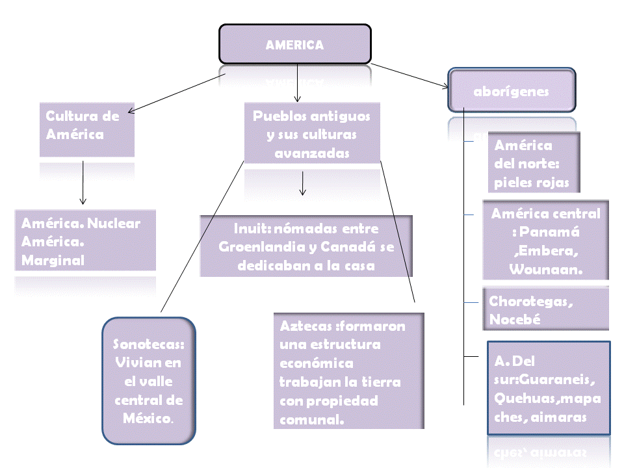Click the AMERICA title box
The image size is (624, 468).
pyautogui.click(x=294, y=45)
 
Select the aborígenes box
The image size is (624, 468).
pyautogui.click(x=511, y=91)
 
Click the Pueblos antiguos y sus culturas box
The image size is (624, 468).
pyautogui.click(x=311, y=135)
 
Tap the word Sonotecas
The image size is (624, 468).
pyautogui.click(x=148, y=344)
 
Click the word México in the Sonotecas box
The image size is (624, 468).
pyautogui.click(x=148, y=417)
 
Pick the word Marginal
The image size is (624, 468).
pyautogui.click(x=53, y=260)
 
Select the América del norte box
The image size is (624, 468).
pyautogui.click(x=536, y=163)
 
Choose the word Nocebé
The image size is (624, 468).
pyautogui.click(x=515, y=320)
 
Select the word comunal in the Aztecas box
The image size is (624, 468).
pyautogui.click(x=311, y=419)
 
